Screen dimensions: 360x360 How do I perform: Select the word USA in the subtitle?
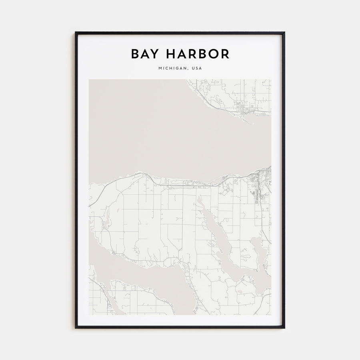coord(197,68)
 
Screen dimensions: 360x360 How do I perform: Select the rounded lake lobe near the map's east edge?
coord(258,248)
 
